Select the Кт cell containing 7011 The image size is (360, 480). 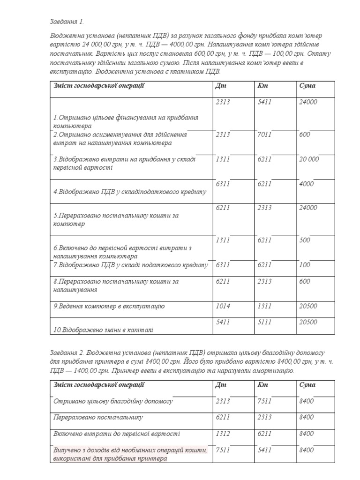pos(264,135)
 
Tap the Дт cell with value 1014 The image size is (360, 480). pos(223,306)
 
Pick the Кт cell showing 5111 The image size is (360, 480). pos(264,322)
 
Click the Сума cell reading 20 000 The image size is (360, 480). pos(309,159)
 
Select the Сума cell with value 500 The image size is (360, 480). pos(304,240)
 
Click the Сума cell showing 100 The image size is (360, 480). pos(304,265)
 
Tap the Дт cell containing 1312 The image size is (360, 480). pos(223,434)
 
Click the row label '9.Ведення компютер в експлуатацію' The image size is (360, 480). pos(109,307)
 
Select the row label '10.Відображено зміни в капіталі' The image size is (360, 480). pos(103,330)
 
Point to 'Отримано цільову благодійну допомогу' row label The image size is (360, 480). pos(113,401)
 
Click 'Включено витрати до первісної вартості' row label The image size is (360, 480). pos(116,434)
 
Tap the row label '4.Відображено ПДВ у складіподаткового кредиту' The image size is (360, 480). pos(129,192)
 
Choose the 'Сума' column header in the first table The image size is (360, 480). pos(307,86)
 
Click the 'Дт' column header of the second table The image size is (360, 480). pos(220,385)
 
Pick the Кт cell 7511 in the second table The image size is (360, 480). pos(264,401)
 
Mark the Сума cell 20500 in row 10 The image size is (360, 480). pos(308,322)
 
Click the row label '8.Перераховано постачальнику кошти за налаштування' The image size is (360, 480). pos(116,285)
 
